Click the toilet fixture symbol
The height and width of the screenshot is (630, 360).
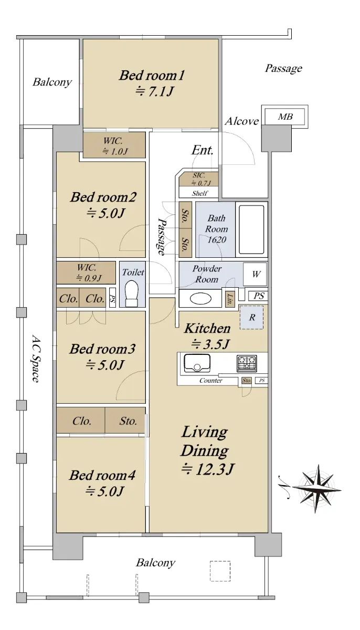tap(132, 293)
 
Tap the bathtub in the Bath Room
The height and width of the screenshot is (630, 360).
tap(251, 229)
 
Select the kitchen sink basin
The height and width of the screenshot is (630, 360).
tap(197, 363)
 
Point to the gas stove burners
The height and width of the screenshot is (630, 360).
tap(247, 363)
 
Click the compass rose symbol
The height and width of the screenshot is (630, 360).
tap(317, 489)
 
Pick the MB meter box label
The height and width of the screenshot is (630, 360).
tap(285, 117)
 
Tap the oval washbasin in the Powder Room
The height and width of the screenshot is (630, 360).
tap(200, 298)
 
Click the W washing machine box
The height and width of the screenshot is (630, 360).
tap(255, 274)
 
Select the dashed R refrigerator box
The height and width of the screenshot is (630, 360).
tap(251, 317)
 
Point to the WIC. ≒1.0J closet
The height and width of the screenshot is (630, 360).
tap(114, 145)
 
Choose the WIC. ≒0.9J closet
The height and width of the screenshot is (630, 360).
tap(86, 272)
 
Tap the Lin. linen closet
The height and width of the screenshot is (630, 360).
tap(230, 299)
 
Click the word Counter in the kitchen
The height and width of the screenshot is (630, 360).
tap(211, 381)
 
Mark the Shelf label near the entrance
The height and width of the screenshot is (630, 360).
tap(200, 193)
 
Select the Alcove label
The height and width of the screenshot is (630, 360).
tap(242, 121)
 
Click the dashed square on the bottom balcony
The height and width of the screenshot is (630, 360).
tap(220, 571)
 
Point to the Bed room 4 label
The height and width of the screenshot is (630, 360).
tap(102, 475)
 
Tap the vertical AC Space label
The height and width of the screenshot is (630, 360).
tap(35, 358)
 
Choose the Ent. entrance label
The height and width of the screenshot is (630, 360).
tap(202, 150)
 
